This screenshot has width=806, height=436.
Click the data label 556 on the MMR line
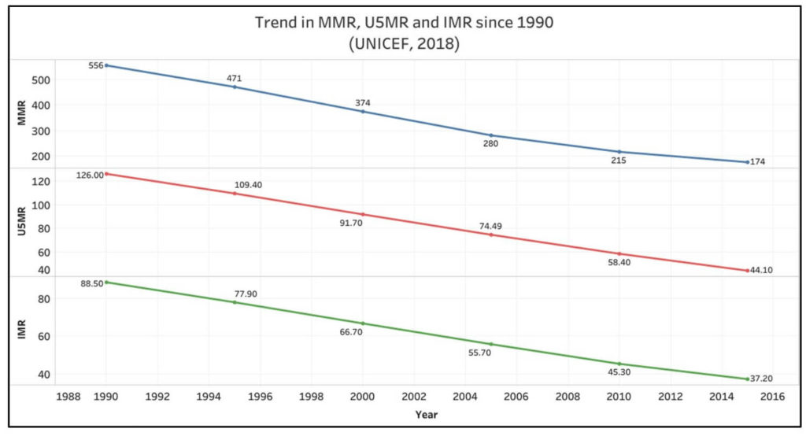pyautogui.click(x=96, y=65)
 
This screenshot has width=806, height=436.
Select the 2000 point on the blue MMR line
pyautogui.click(x=363, y=112)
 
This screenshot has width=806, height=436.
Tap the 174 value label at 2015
pyautogui.click(x=757, y=162)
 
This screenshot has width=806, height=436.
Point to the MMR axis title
pyautogui.click(x=22, y=114)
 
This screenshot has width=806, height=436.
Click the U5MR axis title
pyautogui.click(x=22, y=223)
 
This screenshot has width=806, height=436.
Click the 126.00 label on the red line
pyautogui.click(x=90, y=176)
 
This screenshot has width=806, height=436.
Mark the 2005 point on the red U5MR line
pyautogui.click(x=491, y=235)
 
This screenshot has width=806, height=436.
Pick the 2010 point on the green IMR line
pyautogui.click(x=619, y=364)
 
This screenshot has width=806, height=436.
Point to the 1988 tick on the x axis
pyautogui.click(x=68, y=397)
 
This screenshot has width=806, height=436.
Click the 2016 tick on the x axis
pyautogui.click(x=773, y=397)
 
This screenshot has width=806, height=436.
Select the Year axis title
pyautogui.click(x=427, y=414)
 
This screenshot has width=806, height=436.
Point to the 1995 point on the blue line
pyautogui.click(x=235, y=87)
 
